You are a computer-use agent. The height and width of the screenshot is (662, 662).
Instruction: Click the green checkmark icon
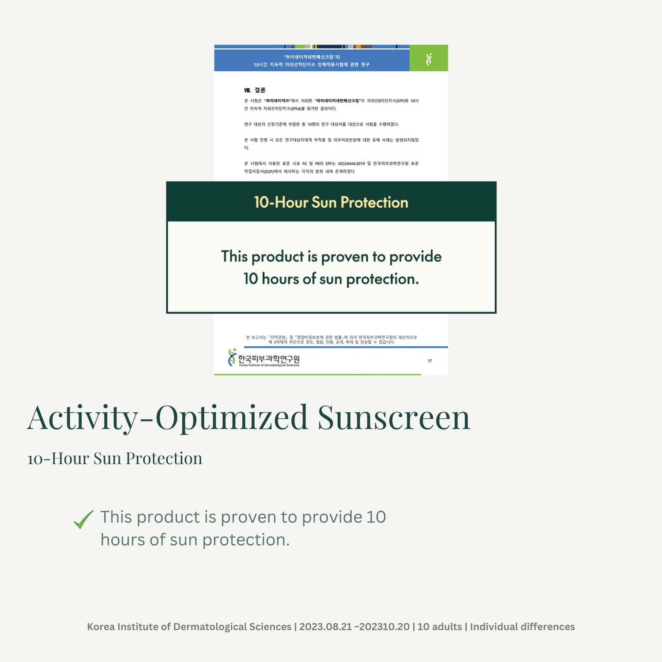83,519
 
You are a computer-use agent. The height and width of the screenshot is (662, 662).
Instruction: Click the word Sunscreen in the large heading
394,418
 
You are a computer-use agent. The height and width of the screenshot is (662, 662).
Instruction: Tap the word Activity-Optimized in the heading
167,418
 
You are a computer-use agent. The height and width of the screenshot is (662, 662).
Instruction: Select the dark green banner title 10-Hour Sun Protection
331,202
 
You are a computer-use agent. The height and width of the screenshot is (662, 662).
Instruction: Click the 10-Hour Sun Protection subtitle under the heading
115,459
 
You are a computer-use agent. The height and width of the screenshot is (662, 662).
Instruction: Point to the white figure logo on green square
429,59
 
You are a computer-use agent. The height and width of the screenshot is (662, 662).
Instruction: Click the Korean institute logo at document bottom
264,358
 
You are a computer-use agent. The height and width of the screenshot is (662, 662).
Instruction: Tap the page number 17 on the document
430,361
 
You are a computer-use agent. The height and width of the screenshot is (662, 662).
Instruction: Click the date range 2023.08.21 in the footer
325,627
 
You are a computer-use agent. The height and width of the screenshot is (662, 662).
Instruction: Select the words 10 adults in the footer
439,627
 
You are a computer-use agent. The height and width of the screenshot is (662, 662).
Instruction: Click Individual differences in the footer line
522,627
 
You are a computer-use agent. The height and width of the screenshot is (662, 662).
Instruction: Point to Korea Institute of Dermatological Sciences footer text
189,627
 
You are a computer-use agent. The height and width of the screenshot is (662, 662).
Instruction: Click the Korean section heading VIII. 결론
255,90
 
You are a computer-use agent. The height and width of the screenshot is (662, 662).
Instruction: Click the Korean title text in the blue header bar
312,61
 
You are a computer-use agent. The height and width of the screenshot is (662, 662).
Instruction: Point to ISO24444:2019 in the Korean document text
351,164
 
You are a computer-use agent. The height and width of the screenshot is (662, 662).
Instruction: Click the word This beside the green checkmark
116,517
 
